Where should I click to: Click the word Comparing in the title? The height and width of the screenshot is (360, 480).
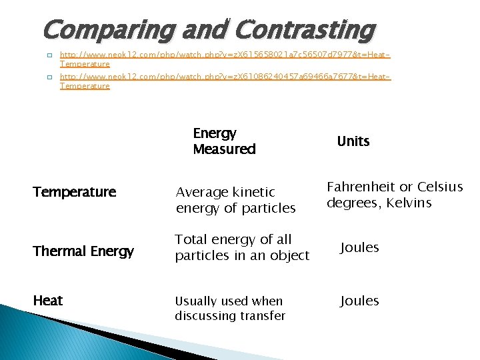[x=107, y=31]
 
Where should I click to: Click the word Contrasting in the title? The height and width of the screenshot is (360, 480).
[x=305, y=31]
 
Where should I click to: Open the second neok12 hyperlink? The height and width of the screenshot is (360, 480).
[x=225, y=77]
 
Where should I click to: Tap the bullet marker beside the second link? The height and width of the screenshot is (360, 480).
[x=49, y=77]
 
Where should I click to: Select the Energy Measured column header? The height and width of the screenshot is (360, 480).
[x=224, y=141]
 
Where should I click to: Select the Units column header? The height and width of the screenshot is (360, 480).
[x=353, y=141]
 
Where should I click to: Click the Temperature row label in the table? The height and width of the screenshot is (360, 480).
[x=74, y=193]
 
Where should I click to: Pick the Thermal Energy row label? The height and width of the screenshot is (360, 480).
[x=83, y=251]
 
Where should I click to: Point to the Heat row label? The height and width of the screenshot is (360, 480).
[x=47, y=301]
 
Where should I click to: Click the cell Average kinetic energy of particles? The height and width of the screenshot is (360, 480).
[x=235, y=200]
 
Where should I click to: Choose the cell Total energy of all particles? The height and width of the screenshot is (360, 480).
[x=242, y=247]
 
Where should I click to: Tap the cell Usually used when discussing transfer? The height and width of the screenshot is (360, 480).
[x=230, y=308]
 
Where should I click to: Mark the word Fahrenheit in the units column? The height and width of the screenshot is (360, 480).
[x=360, y=187]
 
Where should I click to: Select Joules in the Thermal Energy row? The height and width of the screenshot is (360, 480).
[x=359, y=248]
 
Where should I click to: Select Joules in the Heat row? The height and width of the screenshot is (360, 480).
[x=359, y=301]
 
